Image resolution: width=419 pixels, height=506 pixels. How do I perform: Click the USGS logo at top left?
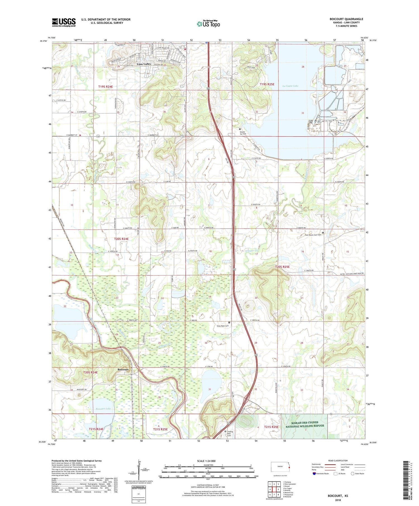[64, 22]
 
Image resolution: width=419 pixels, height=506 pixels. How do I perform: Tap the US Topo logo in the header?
[208, 24]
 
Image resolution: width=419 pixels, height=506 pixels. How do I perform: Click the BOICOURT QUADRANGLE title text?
[346, 19]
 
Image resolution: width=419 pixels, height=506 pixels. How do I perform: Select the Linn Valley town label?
[144, 64]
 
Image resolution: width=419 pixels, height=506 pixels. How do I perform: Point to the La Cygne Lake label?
[290, 86]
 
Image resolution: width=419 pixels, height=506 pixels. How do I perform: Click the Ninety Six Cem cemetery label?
[243, 133]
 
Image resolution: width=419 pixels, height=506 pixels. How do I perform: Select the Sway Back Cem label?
[223, 326]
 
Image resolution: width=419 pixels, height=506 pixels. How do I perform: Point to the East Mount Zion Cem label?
[313, 235]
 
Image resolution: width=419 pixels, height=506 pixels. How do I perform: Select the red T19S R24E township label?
[106, 87]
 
